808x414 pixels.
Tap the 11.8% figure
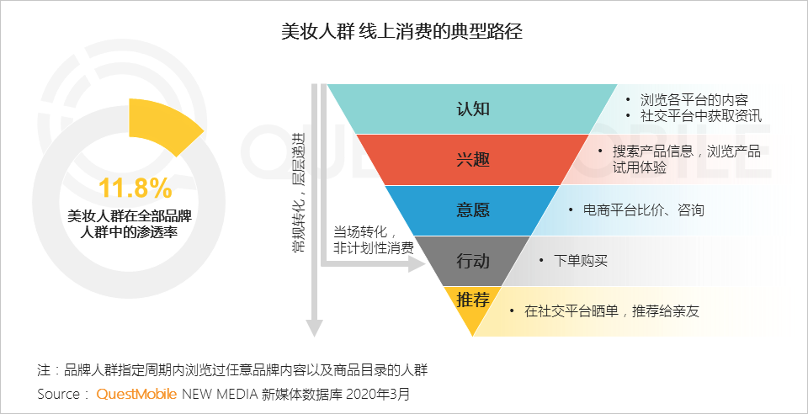click(x=135, y=186)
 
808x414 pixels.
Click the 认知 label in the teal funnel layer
click(x=472, y=109)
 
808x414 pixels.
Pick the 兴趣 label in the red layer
click(x=472, y=159)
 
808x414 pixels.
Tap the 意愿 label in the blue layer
click(x=472, y=210)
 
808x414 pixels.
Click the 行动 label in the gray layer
click(x=472, y=261)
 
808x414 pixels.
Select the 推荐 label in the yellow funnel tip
click(x=473, y=300)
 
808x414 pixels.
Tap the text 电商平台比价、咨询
click(x=643, y=210)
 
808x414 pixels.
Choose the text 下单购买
click(x=581, y=261)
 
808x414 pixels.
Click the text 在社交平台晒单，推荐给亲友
click(x=611, y=311)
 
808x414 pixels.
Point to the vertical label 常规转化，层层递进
click(x=297, y=194)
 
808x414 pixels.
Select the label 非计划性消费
click(x=374, y=247)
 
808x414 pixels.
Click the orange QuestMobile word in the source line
click(x=136, y=394)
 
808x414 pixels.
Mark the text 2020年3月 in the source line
click(x=380, y=394)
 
